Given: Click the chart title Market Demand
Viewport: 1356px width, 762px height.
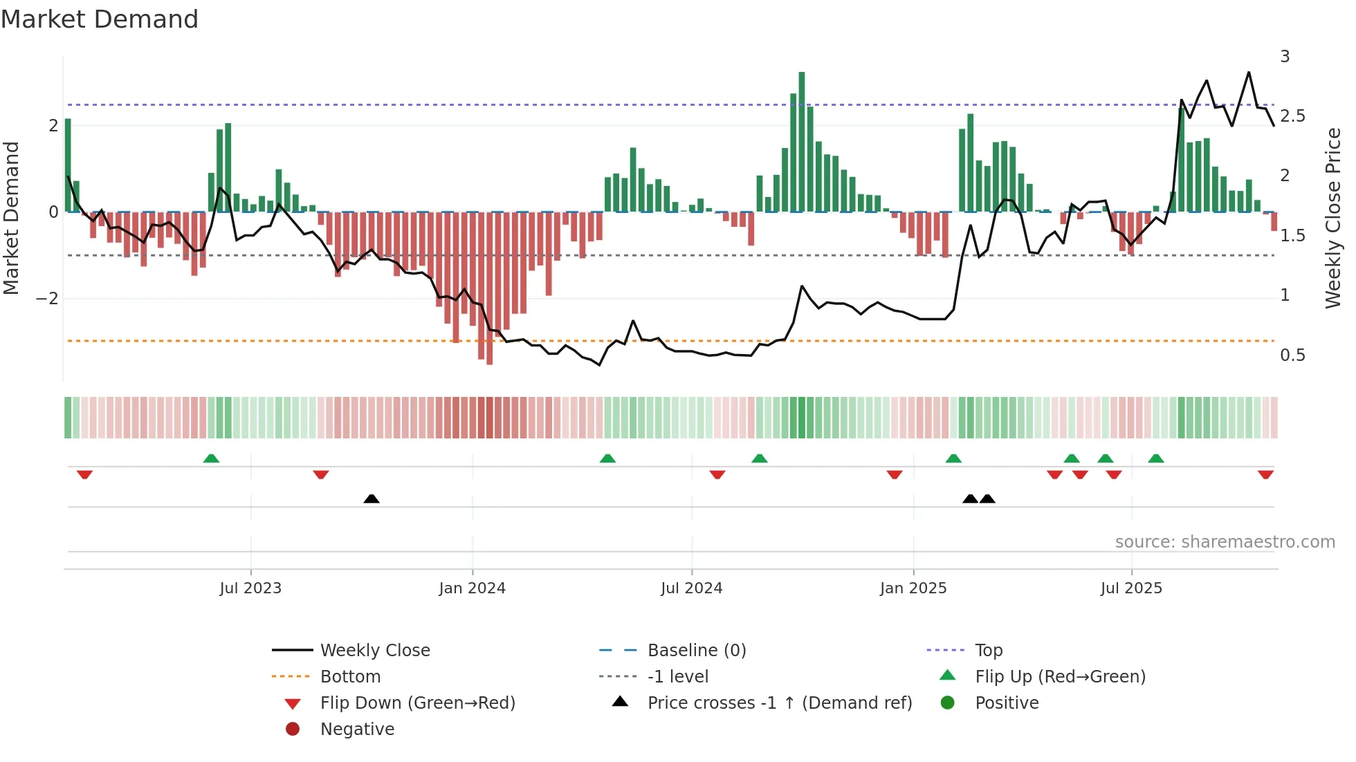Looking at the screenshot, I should pos(100,19).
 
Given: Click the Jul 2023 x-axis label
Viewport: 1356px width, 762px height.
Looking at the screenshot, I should pos(250,588).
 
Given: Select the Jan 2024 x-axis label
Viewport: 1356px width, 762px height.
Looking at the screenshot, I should pos(472,588).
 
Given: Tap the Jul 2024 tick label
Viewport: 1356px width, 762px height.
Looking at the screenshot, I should pos(691,588).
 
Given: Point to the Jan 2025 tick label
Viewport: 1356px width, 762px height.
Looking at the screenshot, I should pos(913,588).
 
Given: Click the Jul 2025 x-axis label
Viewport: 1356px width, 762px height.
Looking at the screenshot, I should pos(1131,588).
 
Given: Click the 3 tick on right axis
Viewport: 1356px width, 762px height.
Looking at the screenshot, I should pos(1285,57).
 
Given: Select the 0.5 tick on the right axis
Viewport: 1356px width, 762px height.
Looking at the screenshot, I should pos(1292,355).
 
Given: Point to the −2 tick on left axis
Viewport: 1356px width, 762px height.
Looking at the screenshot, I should pos(47,299).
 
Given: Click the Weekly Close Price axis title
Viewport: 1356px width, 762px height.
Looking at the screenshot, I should pos(1333,218).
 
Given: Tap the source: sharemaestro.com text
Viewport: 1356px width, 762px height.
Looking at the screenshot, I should pos(1225,542).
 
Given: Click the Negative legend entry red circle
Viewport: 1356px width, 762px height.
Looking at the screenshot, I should pos(293,730).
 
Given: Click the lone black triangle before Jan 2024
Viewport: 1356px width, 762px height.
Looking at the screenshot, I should pos(372,499).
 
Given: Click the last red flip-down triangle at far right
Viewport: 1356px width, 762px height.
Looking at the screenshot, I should pos(1265,475).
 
